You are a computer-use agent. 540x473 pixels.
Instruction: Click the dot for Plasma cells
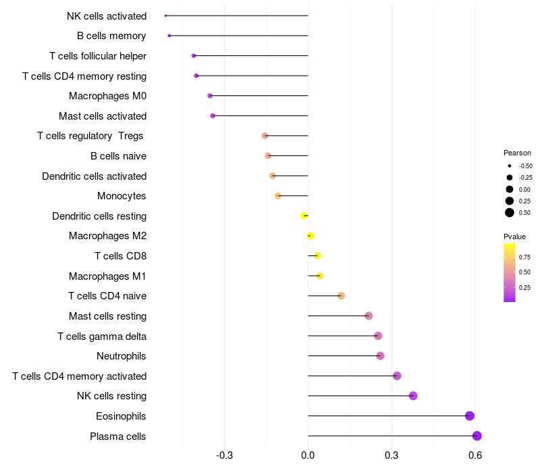pos(477,436)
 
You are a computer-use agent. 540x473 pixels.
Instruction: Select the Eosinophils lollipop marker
pos(470,416)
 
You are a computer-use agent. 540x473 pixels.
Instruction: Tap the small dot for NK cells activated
pos(165,16)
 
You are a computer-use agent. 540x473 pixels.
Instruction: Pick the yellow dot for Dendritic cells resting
pos(304,216)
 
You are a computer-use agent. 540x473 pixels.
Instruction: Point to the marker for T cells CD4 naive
pos(341,296)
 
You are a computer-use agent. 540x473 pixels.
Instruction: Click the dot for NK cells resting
pos(413,396)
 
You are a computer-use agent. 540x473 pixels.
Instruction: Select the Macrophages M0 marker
pos(210,96)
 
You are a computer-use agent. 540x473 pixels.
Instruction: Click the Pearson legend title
pos(517,153)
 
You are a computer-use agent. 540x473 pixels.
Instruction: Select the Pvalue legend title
pos(514,236)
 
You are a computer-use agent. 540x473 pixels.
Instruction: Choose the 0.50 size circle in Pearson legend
pos(510,213)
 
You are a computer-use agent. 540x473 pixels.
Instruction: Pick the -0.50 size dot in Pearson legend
pos(510,166)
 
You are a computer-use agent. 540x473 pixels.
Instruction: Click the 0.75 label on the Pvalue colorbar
pos(524,257)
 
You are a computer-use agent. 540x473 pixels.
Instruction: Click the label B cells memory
pos(111,36)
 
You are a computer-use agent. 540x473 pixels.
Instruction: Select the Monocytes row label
pos(122,196)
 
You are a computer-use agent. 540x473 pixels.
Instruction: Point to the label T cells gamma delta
pos(102,336)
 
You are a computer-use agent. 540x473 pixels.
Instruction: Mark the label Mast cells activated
pos(103,116)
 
